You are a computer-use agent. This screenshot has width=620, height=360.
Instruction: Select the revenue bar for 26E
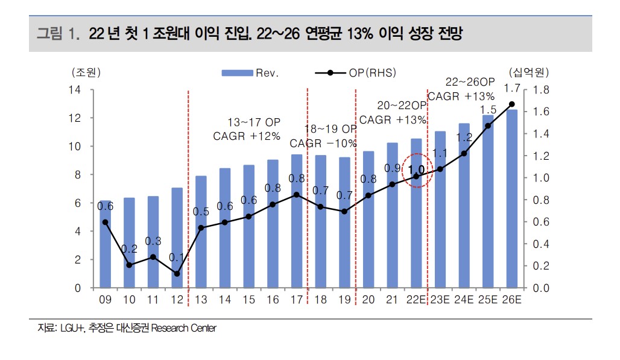512,199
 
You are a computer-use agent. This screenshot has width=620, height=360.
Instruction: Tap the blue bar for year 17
296,221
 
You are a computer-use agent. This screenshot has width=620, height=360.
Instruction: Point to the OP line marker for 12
177,274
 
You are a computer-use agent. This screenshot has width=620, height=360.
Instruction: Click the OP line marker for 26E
512,104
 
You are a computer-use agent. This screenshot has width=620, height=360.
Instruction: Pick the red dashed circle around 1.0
416,170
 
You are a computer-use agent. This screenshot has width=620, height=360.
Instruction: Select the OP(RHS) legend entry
355,73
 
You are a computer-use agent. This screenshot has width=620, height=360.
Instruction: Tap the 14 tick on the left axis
75,90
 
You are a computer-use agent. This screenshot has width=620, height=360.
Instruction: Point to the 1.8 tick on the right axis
541,90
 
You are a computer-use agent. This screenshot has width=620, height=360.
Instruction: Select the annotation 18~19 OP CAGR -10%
324,136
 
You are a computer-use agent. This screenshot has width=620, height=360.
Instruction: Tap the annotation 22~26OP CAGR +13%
461,89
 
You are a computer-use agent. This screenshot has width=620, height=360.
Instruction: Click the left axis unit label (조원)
86,73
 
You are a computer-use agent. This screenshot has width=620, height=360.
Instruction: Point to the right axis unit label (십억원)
529,73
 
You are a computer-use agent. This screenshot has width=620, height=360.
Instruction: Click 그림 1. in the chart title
58,33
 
